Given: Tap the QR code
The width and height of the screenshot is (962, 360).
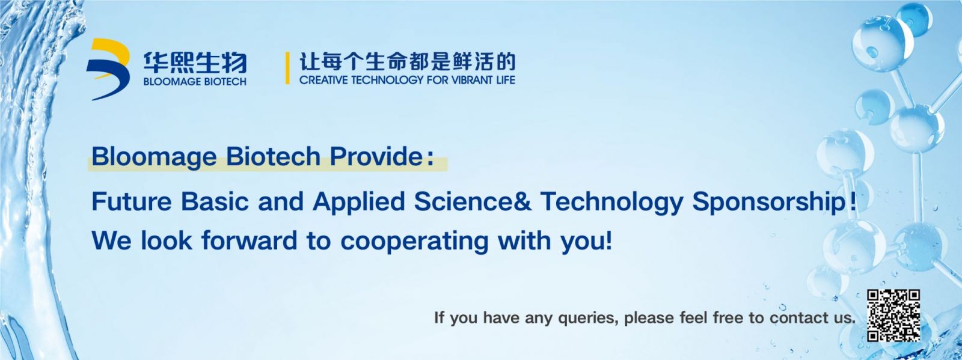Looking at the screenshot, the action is pos(893,316).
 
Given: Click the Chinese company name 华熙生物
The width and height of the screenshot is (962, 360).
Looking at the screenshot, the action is pos(195,63).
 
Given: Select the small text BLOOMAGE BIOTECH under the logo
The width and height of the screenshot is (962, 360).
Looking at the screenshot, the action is pos(195,82).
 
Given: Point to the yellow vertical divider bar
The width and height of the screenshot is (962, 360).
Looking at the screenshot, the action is pos(287,69).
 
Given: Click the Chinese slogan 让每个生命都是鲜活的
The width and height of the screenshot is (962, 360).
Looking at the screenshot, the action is pos(407,63).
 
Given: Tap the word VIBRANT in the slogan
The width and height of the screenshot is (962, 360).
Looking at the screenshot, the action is pos(466,80).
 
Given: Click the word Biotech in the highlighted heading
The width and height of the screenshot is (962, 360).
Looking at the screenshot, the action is pos(273,156).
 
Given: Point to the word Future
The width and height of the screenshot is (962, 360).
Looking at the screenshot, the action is pos(132,201).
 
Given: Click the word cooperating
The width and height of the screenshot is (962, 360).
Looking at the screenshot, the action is pos(414,242).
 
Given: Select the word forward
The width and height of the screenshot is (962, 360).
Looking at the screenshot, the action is pos(250,240).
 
